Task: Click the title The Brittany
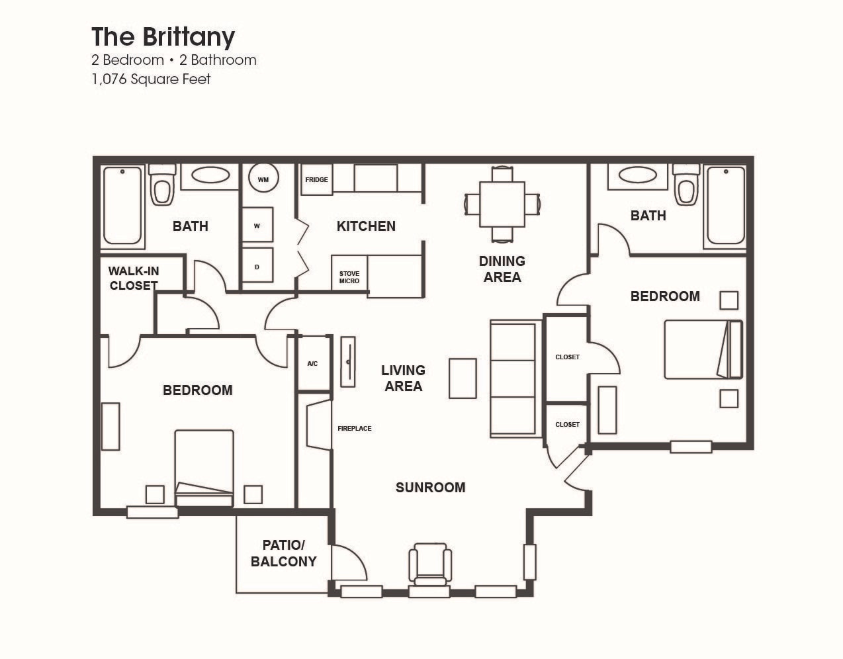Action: coord(163,37)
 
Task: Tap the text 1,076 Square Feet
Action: coord(151,79)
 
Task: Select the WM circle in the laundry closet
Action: coord(263,179)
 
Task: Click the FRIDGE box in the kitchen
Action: coord(316,180)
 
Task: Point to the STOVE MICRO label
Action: coord(349,277)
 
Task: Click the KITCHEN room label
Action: coord(366,226)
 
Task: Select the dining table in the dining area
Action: coord(502,204)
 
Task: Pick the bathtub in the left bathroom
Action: coord(122,205)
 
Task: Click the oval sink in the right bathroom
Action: coord(637,175)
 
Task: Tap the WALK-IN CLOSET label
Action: coord(134,279)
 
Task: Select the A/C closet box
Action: coord(313,363)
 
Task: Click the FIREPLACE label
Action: coord(354,429)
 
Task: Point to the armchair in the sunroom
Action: coord(430,563)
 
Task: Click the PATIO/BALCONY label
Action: coord(283,554)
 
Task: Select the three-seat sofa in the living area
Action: coord(513,378)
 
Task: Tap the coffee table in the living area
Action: coord(463,378)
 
